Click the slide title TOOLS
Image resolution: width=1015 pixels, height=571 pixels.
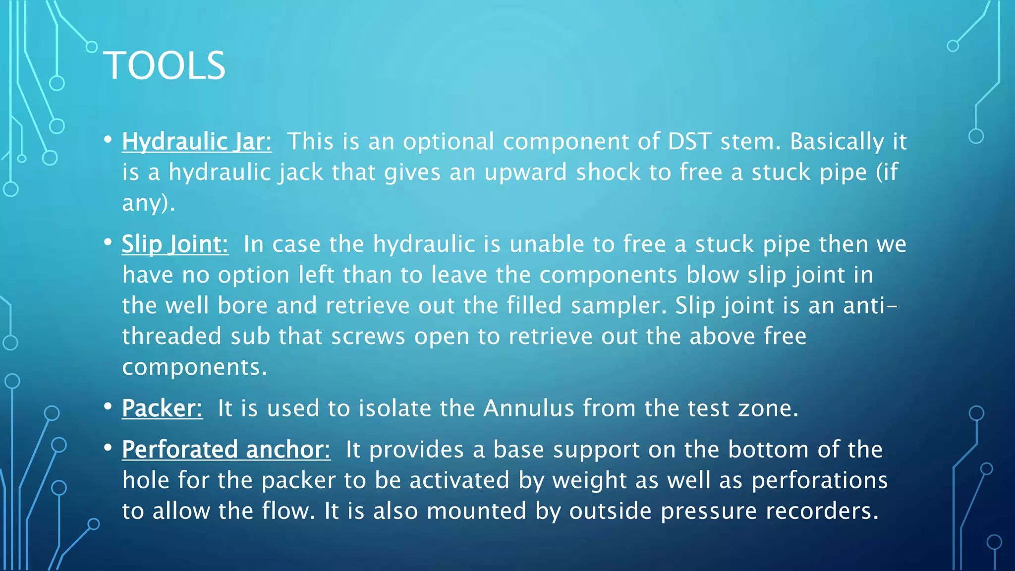click(164, 65)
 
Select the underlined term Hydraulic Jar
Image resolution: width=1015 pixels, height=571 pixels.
click(197, 142)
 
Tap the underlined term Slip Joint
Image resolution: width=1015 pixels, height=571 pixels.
click(175, 244)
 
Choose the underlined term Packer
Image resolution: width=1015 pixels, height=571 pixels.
click(162, 409)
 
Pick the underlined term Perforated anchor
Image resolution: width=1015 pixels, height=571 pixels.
click(226, 450)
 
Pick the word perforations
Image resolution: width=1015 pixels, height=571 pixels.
click(820, 481)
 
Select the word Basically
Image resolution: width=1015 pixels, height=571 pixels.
click(837, 142)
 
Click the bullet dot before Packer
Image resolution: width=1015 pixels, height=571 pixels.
click(108, 407)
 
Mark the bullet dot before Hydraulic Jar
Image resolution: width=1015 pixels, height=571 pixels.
click(108, 140)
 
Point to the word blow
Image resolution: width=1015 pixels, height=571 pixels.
click(712, 275)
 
